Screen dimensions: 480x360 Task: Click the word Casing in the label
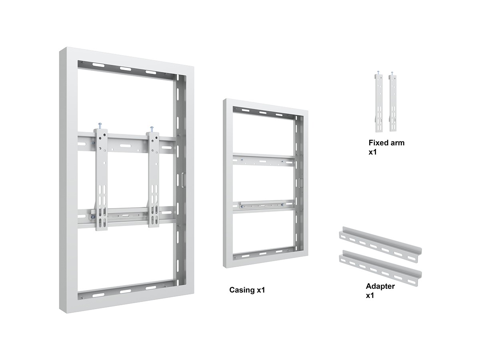[x=242, y=290]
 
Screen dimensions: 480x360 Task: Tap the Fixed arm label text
[x=386, y=143]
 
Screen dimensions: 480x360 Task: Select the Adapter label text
[x=380, y=286]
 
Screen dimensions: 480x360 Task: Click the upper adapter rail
[x=380, y=244]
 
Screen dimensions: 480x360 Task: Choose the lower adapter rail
[x=380, y=268]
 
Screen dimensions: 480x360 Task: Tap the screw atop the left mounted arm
[x=100, y=126]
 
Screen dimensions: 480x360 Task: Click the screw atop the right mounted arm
[x=152, y=129]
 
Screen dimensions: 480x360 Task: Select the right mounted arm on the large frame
[x=154, y=179]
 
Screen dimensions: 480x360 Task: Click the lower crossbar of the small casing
[x=264, y=206]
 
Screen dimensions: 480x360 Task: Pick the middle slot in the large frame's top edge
[x=125, y=69]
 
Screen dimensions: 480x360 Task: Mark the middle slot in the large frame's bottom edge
[x=125, y=291]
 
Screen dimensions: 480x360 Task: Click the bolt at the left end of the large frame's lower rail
[x=93, y=217]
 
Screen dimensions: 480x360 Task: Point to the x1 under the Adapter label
[x=370, y=296]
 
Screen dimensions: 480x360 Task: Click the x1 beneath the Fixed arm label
[x=373, y=152]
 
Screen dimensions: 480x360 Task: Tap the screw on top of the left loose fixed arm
[x=378, y=72]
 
